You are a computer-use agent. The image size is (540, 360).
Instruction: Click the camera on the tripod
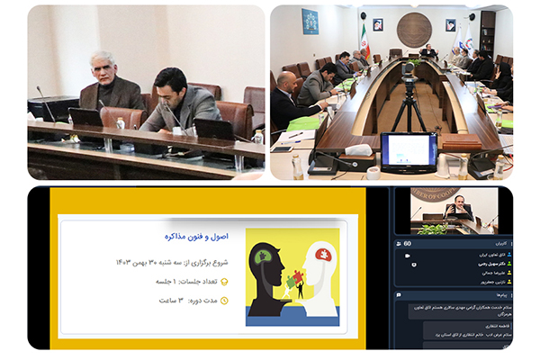pos(409,70)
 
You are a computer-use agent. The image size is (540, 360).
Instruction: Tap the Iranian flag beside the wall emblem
pos(364,40)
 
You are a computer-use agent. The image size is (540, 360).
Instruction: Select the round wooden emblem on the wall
pos(413,29)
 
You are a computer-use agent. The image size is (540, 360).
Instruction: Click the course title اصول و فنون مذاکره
pos(196,236)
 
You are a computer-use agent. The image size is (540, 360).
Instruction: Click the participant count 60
pos(408,244)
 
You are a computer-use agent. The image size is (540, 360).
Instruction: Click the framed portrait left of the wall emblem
pos(378,25)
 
